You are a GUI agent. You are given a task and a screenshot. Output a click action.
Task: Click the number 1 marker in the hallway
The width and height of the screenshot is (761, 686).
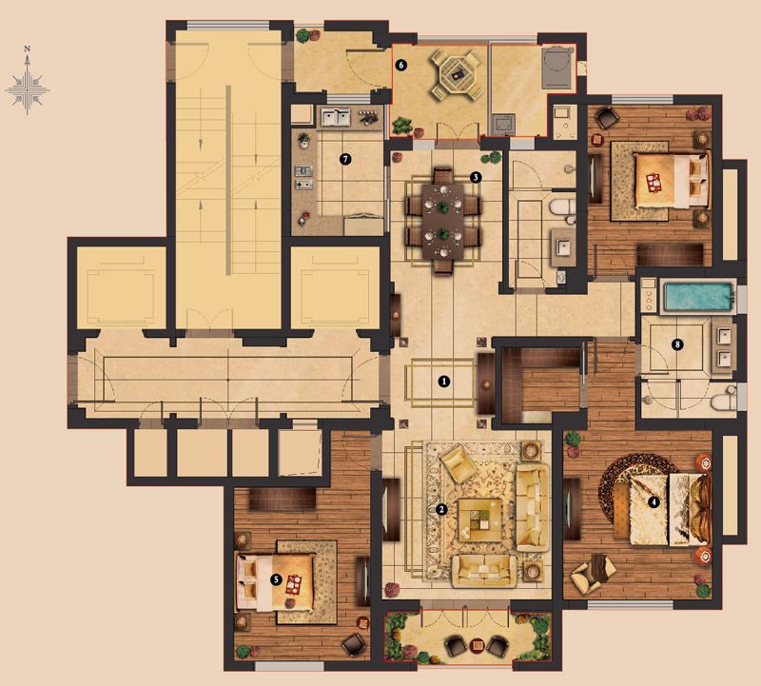coord(443,382)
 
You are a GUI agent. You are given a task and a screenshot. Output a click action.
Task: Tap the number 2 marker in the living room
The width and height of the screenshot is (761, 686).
coord(441,509)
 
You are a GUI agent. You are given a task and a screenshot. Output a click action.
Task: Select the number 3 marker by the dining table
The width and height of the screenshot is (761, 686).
coord(476,177)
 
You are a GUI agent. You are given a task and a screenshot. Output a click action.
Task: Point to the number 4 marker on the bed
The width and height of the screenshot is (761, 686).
coord(654,502)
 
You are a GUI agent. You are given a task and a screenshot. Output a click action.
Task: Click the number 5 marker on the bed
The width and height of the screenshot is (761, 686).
coord(276,579)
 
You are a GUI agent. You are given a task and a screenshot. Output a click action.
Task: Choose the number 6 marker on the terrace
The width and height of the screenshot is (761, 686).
coord(400,65)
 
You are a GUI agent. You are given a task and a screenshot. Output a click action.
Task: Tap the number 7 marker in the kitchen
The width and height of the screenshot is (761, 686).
coord(345,159)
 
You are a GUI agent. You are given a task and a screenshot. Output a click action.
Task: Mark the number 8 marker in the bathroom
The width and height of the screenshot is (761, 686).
coord(677,345)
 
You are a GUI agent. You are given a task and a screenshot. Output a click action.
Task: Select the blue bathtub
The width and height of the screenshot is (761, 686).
coord(698,296)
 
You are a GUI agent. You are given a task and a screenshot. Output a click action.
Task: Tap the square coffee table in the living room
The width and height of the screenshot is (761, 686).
coord(480,519)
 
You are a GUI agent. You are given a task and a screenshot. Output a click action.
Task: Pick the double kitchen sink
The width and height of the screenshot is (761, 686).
coord(335,117)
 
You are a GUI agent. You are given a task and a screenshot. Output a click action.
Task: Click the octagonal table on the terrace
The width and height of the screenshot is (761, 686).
coord(457,74)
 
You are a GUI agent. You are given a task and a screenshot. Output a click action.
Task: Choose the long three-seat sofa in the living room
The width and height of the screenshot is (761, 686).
coord(532,507)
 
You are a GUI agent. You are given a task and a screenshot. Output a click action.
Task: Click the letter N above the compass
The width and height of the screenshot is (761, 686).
coord(28,49)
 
